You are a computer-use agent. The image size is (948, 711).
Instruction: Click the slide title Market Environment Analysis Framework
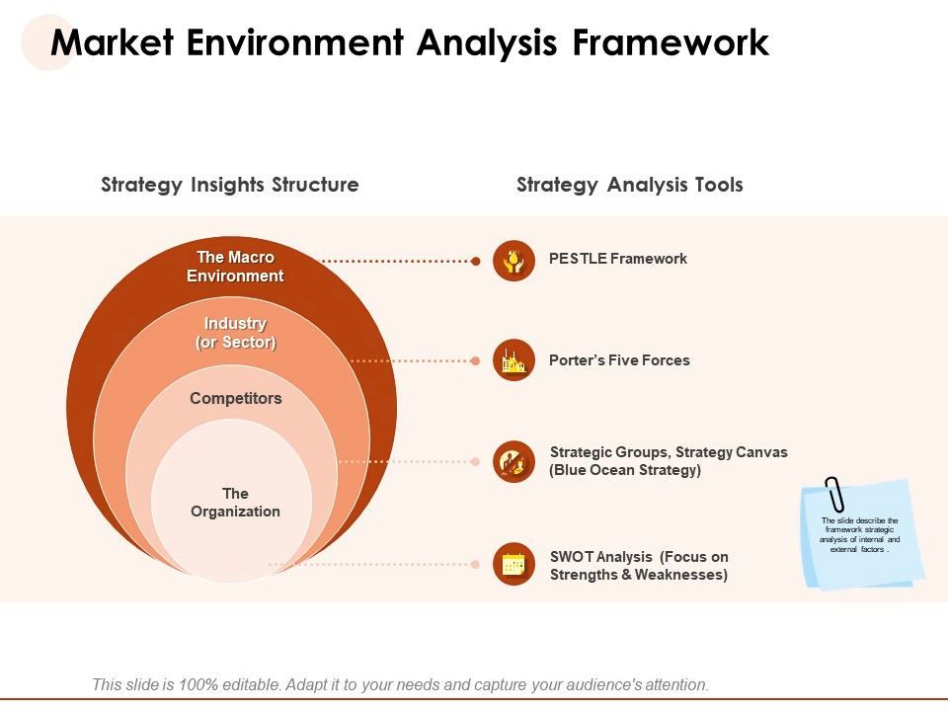(409, 43)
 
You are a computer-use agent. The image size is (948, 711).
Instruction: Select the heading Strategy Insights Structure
(230, 185)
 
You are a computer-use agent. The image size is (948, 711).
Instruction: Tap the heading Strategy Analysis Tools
(629, 185)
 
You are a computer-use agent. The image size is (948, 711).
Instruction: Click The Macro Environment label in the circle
(235, 267)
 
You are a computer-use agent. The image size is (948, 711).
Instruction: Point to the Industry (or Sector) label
(235, 333)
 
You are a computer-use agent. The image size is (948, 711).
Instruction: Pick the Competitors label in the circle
(235, 399)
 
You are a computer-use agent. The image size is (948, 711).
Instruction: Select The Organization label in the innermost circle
(235, 503)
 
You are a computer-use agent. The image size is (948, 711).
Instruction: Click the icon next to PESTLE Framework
(513, 261)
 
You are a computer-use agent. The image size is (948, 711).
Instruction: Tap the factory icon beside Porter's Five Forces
(513, 360)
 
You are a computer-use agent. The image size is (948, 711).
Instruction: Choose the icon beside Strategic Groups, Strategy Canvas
(513, 461)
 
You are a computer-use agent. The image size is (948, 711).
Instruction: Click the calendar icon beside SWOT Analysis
(513, 564)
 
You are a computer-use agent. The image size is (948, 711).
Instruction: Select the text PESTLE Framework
(617, 259)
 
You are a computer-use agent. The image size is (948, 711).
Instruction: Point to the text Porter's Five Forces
(619, 360)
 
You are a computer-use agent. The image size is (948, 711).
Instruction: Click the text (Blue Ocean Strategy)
(625, 471)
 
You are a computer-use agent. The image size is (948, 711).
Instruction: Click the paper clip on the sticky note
(835, 494)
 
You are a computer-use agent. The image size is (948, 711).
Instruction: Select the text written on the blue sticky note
(860, 534)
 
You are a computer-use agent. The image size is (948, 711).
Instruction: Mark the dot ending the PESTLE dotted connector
(476, 262)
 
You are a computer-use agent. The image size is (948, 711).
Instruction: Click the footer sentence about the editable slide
(400, 684)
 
